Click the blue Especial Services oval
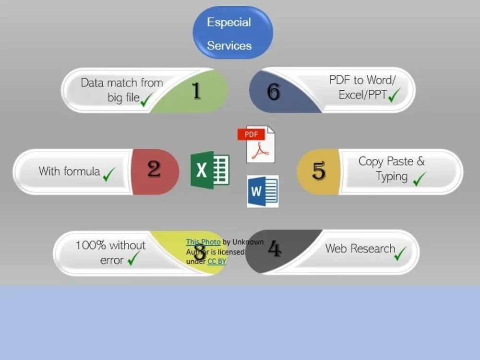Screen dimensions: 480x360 pos(233,33)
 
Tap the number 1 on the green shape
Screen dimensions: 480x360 pos(196,91)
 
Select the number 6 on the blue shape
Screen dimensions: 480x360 pos(274,92)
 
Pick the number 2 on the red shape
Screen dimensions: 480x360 pos(154,169)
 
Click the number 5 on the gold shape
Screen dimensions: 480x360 pos(319,170)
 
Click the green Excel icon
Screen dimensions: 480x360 pos(210,170)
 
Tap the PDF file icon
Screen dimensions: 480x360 pos(256,144)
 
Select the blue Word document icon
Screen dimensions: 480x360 pos(263,192)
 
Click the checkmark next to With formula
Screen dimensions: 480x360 pos(109,174)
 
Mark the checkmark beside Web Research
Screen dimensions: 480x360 pos(400,253)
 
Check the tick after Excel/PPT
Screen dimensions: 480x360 pos(394,95)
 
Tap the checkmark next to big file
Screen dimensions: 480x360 pos(146,100)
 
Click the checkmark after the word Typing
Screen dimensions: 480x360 pos(420,179)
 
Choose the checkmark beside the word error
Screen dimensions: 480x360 pos(134,258)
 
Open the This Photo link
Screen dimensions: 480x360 pos(203,242)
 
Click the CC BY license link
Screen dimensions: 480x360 pos(217,262)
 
